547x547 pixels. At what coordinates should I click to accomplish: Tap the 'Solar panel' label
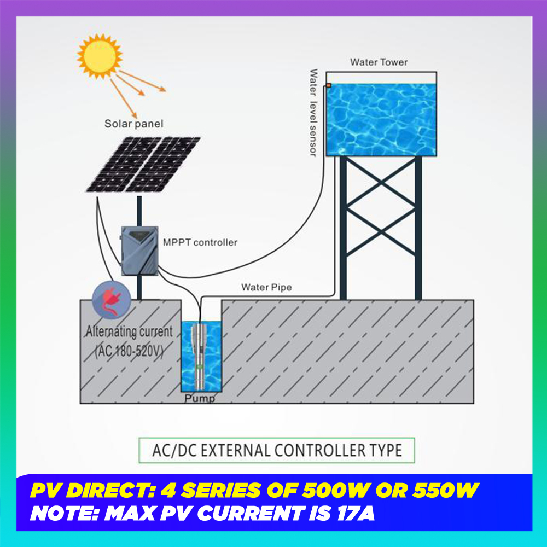pyautogui.click(x=134, y=124)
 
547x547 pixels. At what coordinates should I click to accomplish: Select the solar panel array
pyautogui.click(x=143, y=164)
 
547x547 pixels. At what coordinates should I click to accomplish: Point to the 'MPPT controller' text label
pyautogui.click(x=200, y=242)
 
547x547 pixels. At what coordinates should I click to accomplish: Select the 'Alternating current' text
pyautogui.click(x=129, y=331)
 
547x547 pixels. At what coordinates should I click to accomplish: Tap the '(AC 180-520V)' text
pyautogui.click(x=129, y=350)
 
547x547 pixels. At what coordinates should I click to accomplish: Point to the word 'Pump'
pyautogui.click(x=200, y=398)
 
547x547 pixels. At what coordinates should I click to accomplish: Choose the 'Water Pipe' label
pyautogui.click(x=266, y=287)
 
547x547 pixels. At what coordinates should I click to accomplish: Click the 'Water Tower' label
pyautogui.click(x=379, y=62)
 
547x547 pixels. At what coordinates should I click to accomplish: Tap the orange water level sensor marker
pyautogui.click(x=329, y=85)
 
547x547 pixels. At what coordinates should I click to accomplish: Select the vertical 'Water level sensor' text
pyautogui.click(x=313, y=112)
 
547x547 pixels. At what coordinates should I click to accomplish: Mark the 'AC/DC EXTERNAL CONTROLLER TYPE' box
pyautogui.click(x=276, y=450)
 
